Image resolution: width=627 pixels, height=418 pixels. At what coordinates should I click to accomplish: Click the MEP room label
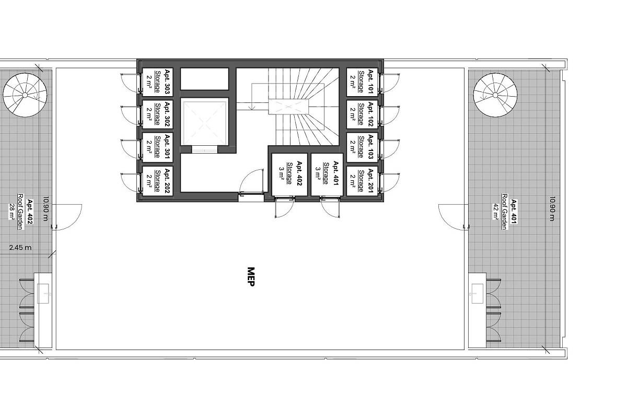click(x=251, y=276)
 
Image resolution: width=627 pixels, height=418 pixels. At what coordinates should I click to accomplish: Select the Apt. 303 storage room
click(x=158, y=82)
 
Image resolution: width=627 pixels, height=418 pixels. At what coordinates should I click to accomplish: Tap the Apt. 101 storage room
click(x=362, y=82)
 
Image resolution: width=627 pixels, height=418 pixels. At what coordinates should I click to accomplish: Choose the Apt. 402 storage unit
click(x=289, y=175)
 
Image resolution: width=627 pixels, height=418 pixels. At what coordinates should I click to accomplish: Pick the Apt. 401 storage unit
click(x=327, y=175)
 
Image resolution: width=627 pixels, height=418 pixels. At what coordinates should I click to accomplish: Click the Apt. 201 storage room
click(x=362, y=181)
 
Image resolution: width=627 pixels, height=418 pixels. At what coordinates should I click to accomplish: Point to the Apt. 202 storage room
click(x=158, y=181)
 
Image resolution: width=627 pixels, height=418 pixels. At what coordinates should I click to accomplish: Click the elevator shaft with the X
click(x=204, y=123)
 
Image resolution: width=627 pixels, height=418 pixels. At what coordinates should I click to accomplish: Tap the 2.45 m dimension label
click(x=20, y=248)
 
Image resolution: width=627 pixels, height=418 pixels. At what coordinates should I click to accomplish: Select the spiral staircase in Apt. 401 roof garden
click(x=495, y=95)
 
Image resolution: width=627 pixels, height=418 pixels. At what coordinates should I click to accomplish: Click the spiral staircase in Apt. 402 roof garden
click(x=25, y=95)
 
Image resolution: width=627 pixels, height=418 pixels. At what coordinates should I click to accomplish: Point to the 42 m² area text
click(x=495, y=212)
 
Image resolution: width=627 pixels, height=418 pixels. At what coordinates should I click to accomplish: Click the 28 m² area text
click(x=11, y=212)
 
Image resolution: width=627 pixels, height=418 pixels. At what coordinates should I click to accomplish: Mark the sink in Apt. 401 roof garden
click(x=478, y=294)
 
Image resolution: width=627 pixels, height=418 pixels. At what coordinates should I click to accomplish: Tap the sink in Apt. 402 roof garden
click(x=43, y=294)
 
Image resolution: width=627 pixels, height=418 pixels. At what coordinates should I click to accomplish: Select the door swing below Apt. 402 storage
click(x=284, y=207)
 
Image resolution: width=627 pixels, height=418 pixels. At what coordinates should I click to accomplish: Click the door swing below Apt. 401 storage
click(x=330, y=207)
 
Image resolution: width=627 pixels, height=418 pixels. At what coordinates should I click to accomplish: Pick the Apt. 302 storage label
click(x=158, y=114)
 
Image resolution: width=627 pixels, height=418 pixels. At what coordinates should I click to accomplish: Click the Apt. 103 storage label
click(x=362, y=147)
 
